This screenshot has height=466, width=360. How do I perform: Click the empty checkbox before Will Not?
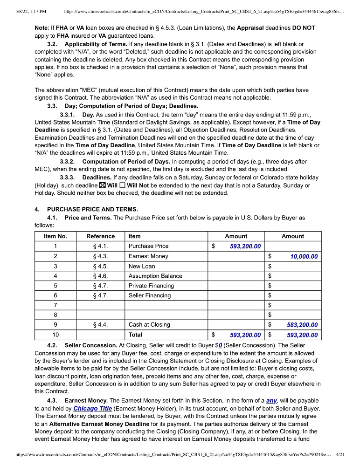[122, 185]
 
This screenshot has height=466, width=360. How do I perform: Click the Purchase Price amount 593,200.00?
[245, 246]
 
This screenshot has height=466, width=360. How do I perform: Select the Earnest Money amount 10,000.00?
[304, 256]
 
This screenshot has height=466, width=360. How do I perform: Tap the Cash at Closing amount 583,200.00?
[302, 325]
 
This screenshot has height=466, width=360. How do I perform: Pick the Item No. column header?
[55, 236]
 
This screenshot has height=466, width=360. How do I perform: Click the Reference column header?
[100, 236]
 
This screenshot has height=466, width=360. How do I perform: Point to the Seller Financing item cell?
[150, 295]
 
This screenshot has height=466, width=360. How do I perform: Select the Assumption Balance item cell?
[155, 276]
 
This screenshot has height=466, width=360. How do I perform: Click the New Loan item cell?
[142, 266]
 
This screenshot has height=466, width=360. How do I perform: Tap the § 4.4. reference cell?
[100, 325]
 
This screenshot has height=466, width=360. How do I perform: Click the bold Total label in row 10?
[137, 335]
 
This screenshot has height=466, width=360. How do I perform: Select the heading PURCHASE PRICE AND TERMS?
[92, 209]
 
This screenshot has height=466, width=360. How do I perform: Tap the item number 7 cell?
[55, 305]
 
